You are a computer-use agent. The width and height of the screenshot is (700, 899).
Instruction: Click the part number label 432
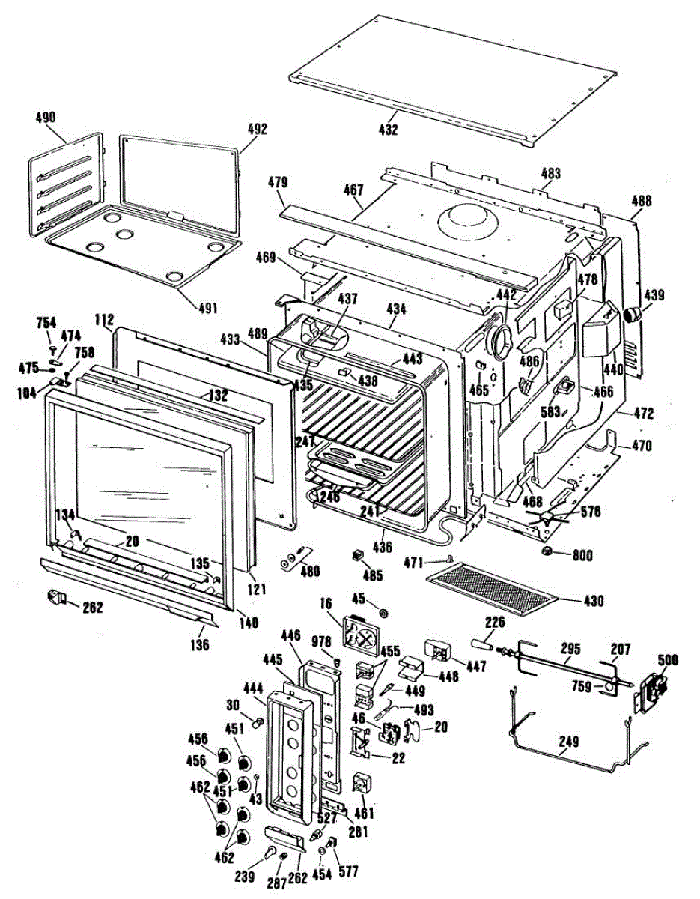(388, 130)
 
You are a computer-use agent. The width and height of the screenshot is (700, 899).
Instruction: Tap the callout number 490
(46, 118)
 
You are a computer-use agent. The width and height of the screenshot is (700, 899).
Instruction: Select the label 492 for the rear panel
(257, 128)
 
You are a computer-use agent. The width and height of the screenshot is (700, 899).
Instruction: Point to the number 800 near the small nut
(582, 556)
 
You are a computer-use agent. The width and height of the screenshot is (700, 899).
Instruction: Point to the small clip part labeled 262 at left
(55, 597)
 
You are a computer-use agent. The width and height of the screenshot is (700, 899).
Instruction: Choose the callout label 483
(550, 174)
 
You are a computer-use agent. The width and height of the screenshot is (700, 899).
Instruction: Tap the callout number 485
(372, 576)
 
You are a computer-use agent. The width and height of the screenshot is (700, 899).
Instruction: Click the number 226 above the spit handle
(495, 621)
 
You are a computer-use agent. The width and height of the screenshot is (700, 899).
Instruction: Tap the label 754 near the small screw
(46, 323)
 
